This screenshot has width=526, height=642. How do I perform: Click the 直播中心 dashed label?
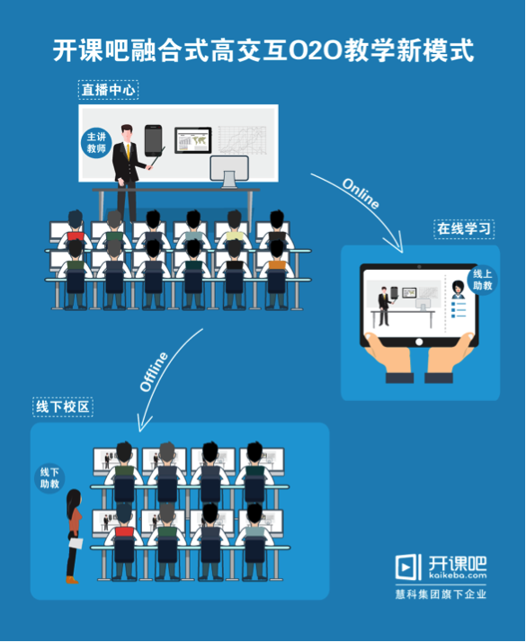click(x=108, y=90)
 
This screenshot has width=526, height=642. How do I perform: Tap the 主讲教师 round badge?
click(x=96, y=142)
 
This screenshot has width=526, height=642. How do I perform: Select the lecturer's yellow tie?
click(x=128, y=151)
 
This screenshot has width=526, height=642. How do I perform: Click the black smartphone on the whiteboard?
click(x=153, y=140)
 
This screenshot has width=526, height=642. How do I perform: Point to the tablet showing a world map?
click(x=192, y=140)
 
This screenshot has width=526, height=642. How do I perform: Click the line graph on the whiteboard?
click(x=242, y=140)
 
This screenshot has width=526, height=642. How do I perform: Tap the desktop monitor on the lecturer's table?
click(x=229, y=171)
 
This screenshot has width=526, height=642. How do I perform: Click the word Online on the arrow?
click(x=361, y=193)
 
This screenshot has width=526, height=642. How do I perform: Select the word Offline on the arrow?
click(x=154, y=371)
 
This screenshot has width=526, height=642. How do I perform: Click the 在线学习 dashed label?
click(x=464, y=229)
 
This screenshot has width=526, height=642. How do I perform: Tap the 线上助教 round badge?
click(x=482, y=280)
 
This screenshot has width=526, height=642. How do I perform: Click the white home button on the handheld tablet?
click(x=419, y=342)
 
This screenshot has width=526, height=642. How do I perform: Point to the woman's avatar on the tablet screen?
click(x=458, y=290)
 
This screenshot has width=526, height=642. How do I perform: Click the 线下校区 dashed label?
click(x=63, y=407)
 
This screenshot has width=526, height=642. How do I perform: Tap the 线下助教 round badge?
click(x=49, y=478)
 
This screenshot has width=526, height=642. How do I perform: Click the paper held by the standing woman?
click(x=76, y=543)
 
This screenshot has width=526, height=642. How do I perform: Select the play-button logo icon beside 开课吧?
click(x=408, y=567)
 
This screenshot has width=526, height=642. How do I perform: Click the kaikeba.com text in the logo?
click(x=458, y=575)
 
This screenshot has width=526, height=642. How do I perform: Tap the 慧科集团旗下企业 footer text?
click(x=441, y=594)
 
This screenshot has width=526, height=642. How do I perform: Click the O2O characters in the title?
click(x=316, y=50)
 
